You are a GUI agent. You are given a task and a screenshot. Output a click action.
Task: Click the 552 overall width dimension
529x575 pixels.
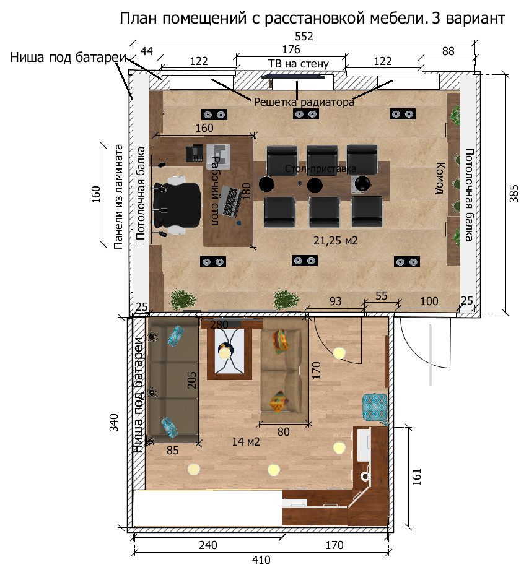(x=304, y=37)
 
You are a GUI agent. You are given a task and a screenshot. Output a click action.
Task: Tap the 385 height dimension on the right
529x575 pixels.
(x=514, y=193)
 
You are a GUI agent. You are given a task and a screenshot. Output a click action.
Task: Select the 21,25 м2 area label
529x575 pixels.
(x=336, y=241)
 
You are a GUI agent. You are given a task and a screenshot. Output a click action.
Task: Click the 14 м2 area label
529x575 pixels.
(x=245, y=441)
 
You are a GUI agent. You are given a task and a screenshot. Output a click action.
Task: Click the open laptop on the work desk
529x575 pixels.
(x=229, y=201)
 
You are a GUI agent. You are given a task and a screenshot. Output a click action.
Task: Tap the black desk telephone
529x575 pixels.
(x=195, y=153)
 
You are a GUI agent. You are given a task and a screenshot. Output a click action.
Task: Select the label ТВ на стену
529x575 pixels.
(x=299, y=64)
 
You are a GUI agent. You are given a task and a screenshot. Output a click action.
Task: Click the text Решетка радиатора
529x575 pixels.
(x=304, y=102)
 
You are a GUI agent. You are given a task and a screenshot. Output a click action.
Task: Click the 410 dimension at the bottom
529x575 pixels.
(x=261, y=560)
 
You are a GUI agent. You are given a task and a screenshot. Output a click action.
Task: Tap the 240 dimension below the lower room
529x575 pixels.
(x=208, y=545)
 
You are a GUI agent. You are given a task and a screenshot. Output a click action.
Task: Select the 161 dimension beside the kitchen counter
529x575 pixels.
(x=417, y=477)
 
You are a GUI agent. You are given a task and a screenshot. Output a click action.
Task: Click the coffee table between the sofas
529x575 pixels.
(x=229, y=353)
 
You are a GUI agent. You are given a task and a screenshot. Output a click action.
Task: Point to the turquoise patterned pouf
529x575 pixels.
(x=375, y=407)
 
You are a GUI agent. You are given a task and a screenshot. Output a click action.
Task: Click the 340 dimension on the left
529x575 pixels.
(x=114, y=423)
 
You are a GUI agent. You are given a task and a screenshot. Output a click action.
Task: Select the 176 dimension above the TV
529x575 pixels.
(x=291, y=49)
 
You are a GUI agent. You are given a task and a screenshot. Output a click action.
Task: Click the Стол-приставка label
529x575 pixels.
(x=320, y=169)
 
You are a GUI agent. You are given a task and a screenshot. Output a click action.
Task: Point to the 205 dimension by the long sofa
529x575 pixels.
(x=191, y=380)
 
